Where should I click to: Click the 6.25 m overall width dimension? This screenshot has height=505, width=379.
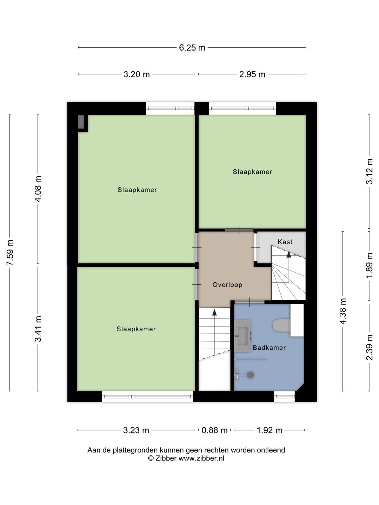coord(192,48)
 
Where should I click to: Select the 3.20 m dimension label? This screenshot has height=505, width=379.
coord(137,74)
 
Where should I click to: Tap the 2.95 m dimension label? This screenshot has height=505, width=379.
coord(252,74)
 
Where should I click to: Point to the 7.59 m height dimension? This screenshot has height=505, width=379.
coord(10,252)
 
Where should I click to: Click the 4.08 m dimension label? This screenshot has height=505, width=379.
coord(38,189)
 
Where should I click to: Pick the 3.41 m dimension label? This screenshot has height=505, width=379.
coord(38,329)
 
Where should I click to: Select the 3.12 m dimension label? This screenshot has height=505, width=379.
coord(369,171)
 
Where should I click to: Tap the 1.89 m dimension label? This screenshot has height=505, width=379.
coord(369,265)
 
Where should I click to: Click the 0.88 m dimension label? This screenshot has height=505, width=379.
coord(214,430)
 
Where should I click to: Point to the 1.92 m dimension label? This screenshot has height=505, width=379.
coord(269,430)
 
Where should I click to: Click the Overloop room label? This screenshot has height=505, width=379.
coord(227,285)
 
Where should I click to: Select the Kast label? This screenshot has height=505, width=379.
coord(285,242)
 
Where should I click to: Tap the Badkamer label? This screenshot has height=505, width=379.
coord(269,348)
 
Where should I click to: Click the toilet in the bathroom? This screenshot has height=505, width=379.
coord(281,325)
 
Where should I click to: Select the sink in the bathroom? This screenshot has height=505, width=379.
coord(242,336)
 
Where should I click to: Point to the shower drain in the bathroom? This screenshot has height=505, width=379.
coord(250,375)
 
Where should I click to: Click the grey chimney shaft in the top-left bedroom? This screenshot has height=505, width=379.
coord(81,122)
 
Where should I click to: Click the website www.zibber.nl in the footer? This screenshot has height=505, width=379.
coord(201,458)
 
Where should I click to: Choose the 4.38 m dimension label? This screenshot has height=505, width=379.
coord(343,311)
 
